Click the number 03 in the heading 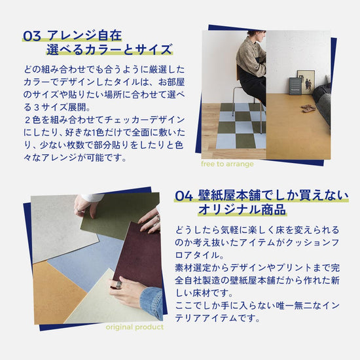pos(32,36)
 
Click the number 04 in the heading pos(184,196)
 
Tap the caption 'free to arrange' pos(227,164)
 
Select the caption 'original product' pos(135,327)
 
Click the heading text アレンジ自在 pos(84,36)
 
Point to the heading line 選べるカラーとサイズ pos(109,50)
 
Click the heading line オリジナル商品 pos(242,209)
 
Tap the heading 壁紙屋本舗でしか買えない pos(273,196)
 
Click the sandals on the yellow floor pos(309,108)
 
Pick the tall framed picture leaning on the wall pos(306,82)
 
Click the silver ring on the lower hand pos(118,285)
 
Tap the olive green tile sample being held pos(119,216)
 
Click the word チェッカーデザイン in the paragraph pos(145,120)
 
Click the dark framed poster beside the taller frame pos(295,86)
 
